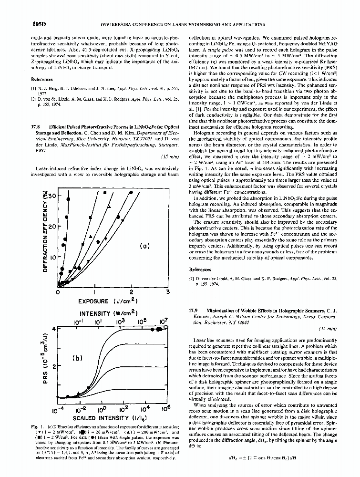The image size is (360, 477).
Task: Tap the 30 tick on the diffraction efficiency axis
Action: [x=52, y=196]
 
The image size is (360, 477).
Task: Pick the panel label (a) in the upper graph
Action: [x=144, y=246]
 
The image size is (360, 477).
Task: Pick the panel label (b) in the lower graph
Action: [x=76, y=358]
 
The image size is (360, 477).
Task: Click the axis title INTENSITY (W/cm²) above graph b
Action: [x=108, y=313]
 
